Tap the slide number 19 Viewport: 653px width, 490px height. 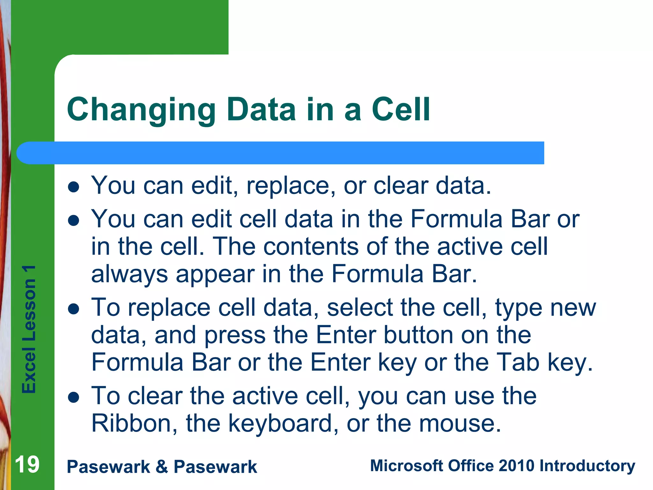(x=27, y=464)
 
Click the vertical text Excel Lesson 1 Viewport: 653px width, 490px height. (x=29, y=329)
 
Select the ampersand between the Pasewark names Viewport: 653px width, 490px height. (x=162, y=467)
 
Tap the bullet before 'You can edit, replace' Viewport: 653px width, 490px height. (x=74, y=187)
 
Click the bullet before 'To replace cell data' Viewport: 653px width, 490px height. (x=74, y=309)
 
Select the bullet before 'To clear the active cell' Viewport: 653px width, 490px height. (x=74, y=397)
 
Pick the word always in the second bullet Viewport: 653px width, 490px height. (x=129, y=274)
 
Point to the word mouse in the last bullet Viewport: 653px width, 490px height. (x=459, y=423)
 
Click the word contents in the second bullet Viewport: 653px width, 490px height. (x=311, y=247)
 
